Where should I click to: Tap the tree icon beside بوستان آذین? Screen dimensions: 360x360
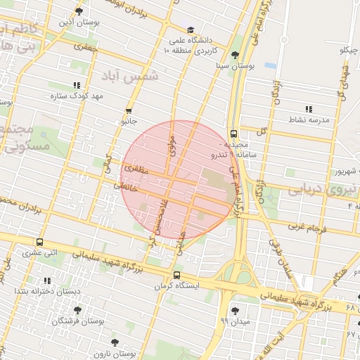click(x=79, y=12)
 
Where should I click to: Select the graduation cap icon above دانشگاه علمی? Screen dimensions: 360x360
click(x=191, y=30)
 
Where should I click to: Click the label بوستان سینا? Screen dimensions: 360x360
click(x=236, y=65)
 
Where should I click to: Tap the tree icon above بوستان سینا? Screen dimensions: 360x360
click(x=235, y=55)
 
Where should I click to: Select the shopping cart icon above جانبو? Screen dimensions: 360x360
click(x=129, y=111)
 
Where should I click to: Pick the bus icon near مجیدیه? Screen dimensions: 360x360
click(x=233, y=134)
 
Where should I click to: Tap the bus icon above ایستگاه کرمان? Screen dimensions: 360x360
click(x=176, y=276)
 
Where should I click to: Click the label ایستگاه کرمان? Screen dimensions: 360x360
click(x=176, y=286)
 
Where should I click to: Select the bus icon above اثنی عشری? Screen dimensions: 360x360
click(x=39, y=242)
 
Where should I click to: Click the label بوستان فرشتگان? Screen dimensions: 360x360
click(x=77, y=321)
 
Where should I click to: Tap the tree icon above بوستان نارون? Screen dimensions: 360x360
click(x=115, y=342)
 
